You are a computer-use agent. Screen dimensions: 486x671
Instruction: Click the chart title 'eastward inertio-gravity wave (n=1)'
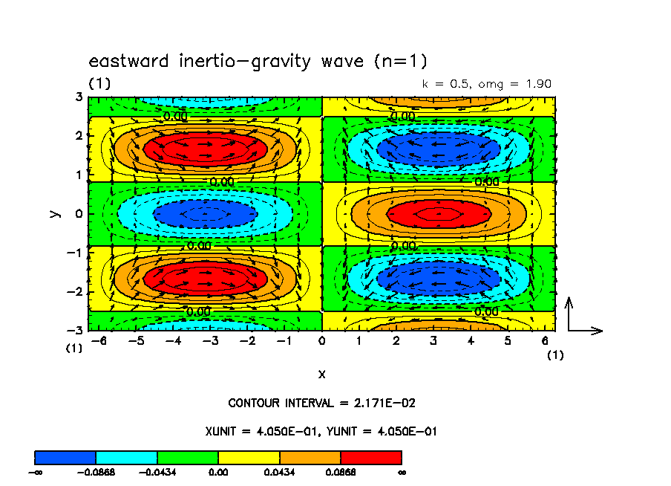(x=258, y=61)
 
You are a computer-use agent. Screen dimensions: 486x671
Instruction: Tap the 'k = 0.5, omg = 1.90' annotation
(x=487, y=84)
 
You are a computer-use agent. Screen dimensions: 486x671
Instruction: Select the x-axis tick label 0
(x=321, y=341)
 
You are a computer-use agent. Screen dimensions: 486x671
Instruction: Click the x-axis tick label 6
(x=546, y=341)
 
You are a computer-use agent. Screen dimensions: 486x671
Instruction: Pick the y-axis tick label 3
(x=79, y=97)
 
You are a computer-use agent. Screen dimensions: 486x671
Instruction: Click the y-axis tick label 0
(x=79, y=214)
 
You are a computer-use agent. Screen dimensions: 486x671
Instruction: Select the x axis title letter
(x=321, y=374)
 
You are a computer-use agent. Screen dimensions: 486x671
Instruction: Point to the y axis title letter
(x=54, y=213)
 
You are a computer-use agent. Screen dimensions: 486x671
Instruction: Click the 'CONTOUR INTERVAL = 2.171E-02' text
(x=321, y=404)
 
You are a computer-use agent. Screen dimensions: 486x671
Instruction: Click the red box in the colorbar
(x=370, y=457)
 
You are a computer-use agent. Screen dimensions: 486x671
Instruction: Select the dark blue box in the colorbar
(x=65, y=457)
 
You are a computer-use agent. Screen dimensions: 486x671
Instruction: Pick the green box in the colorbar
(x=187, y=457)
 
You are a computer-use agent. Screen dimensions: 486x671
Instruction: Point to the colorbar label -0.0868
(x=96, y=472)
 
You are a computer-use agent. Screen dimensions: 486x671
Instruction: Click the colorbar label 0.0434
(x=279, y=472)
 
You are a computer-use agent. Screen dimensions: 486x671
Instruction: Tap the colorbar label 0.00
(x=218, y=472)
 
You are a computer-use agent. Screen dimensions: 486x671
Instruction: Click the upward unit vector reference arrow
(x=569, y=312)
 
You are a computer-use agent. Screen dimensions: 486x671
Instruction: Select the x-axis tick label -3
(x=209, y=341)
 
